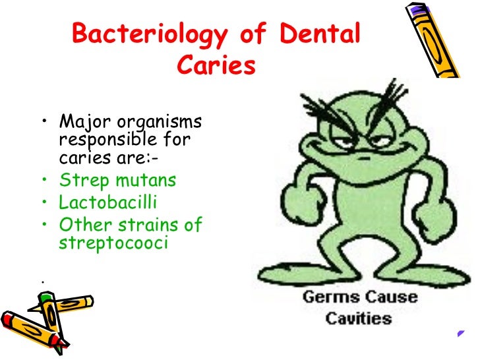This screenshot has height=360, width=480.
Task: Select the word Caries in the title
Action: pyautogui.click(x=214, y=67)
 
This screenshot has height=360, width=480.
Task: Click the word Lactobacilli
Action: pyautogui.click(x=109, y=202)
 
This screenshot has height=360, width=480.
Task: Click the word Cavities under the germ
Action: pyautogui.click(x=359, y=319)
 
